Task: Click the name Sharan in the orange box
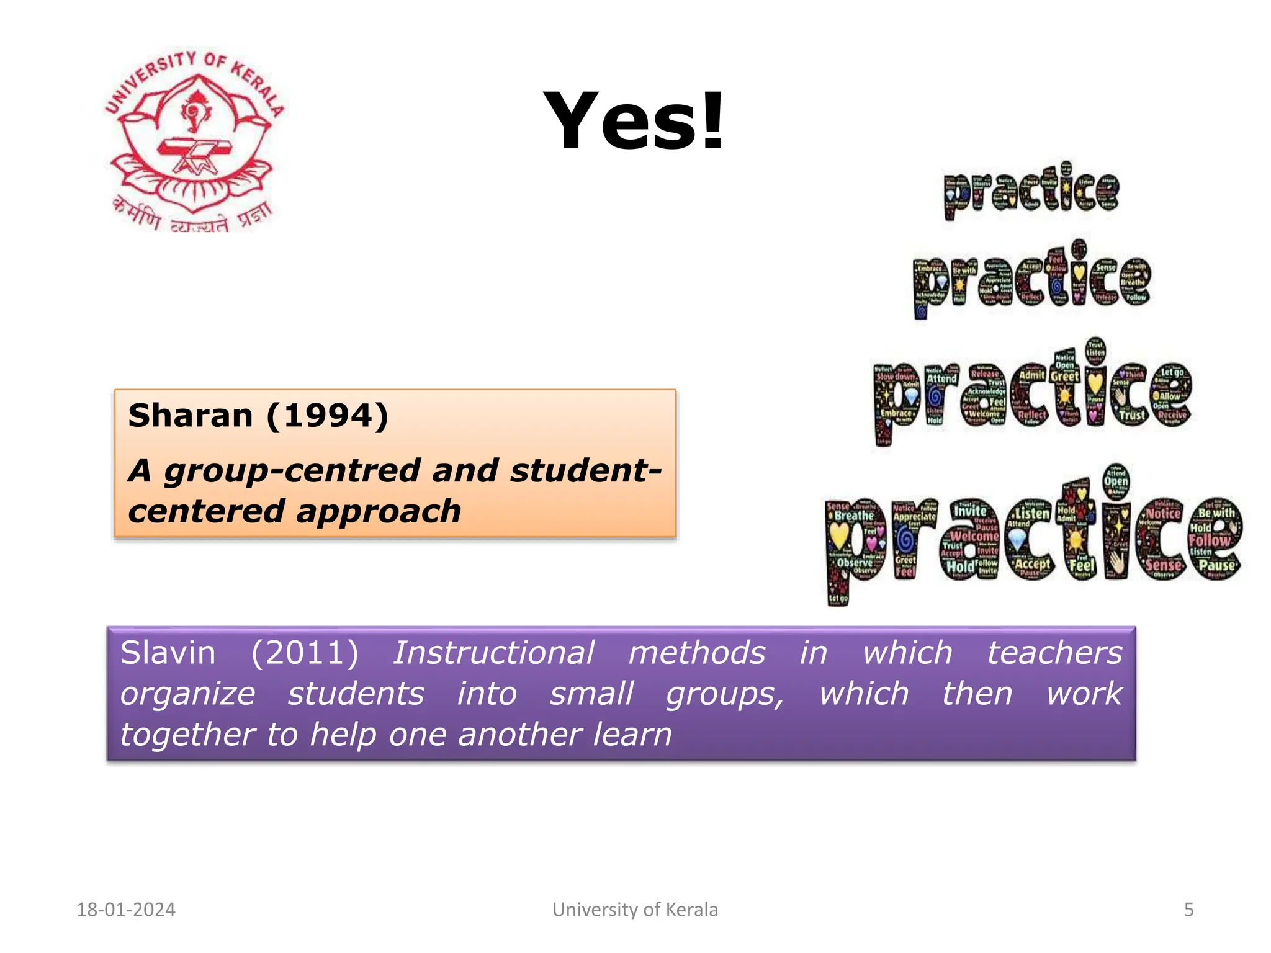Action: [190, 415]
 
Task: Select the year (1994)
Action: [327, 415]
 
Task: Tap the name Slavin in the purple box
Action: [168, 653]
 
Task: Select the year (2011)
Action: [305, 653]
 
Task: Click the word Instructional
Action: [493, 653]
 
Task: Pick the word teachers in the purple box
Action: [1054, 653]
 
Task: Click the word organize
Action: [187, 694]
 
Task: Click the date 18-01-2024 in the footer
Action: [126, 910]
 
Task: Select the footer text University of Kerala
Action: [635, 910]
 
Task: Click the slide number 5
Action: [1188, 910]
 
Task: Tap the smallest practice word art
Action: [1031, 190]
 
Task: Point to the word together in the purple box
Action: [187, 735]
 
